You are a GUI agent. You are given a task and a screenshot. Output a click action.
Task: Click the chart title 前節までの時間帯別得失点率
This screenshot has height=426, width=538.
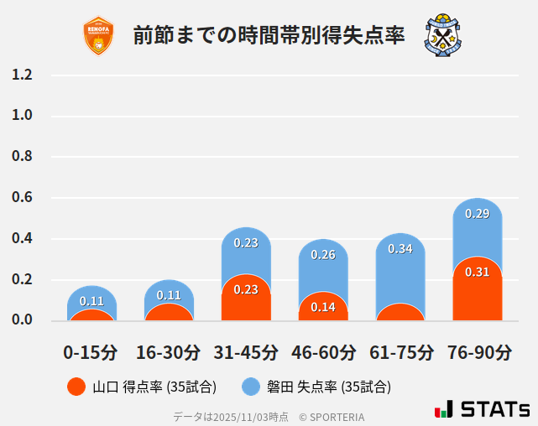click(269, 36)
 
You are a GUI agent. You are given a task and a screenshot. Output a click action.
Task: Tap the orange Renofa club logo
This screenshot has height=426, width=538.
click(99, 36)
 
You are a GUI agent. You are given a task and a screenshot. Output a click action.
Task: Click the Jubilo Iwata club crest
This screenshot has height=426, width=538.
click(443, 35)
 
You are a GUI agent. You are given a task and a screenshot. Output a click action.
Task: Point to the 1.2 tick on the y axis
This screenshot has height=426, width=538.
click(23, 75)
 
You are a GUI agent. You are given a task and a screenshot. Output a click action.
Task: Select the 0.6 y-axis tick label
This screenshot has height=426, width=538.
click(23, 198)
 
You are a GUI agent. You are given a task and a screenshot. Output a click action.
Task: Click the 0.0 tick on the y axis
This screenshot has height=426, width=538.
click(23, 320)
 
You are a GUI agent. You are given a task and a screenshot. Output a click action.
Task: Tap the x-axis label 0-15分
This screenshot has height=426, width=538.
click(91, 352)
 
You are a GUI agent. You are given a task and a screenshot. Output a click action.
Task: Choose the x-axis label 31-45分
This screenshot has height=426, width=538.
click(246, 352)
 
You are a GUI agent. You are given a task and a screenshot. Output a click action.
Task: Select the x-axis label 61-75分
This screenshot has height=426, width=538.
click(400, 352)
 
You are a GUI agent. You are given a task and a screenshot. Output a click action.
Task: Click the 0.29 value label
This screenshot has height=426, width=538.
click(477, 214)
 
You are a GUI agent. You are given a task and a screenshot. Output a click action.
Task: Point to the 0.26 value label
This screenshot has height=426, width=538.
click(323, 254)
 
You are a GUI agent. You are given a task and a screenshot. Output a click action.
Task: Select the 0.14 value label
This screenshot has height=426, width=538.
click(323, 308)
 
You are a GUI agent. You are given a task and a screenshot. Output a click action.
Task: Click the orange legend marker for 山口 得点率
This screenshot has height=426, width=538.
click(76, 387)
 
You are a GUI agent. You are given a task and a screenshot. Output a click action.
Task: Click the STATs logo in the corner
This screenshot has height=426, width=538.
click(482, 409)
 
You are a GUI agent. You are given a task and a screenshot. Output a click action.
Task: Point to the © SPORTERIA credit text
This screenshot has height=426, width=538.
click(332, 417)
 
